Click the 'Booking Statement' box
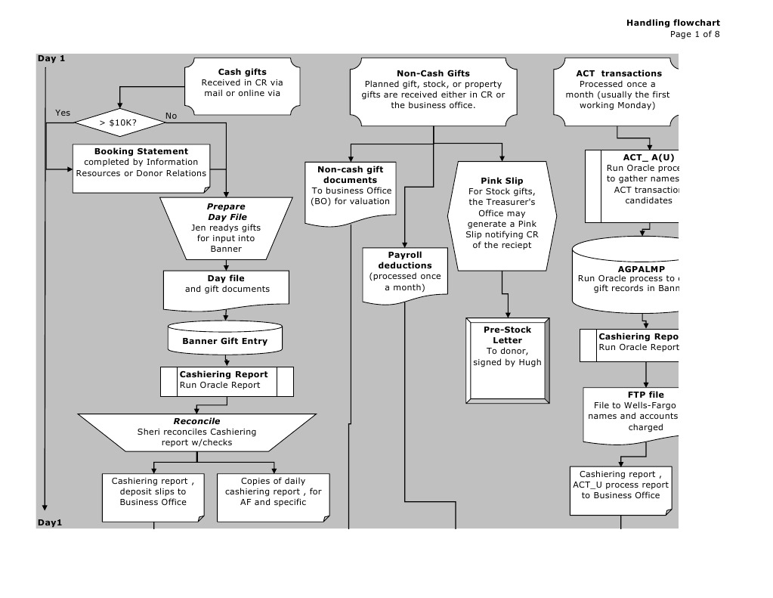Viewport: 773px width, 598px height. [141, 162]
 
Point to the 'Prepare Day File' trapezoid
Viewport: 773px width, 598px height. [227, 228]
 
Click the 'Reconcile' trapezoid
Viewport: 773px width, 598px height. [196, 432]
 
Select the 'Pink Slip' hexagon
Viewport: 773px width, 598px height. [502, 214]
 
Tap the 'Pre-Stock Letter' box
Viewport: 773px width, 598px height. [507, 357]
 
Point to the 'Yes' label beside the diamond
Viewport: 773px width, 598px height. [63, 113]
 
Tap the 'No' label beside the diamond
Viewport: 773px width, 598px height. [171, 116]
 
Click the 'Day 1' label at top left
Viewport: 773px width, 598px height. [51, 58]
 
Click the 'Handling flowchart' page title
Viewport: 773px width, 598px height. [673, 23]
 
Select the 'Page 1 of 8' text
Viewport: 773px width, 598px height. [694, 34]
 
